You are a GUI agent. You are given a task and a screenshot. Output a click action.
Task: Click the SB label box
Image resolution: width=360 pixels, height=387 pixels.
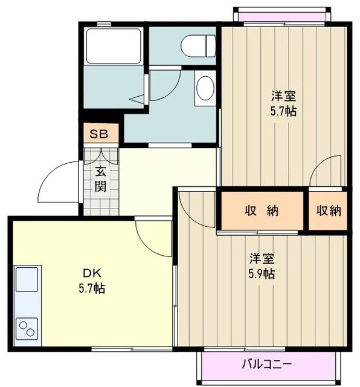(x=99, y=134)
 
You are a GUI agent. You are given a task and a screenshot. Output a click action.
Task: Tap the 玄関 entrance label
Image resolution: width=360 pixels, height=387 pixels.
(x=100, y=179)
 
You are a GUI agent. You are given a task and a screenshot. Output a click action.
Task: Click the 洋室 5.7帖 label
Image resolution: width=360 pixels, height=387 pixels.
(x=283, y=103)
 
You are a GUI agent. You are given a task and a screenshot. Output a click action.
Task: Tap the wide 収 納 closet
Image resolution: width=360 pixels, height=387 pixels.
(x=261, y=211)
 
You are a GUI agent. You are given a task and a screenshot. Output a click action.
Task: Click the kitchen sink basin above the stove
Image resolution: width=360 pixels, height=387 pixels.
(x=26, y=281)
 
